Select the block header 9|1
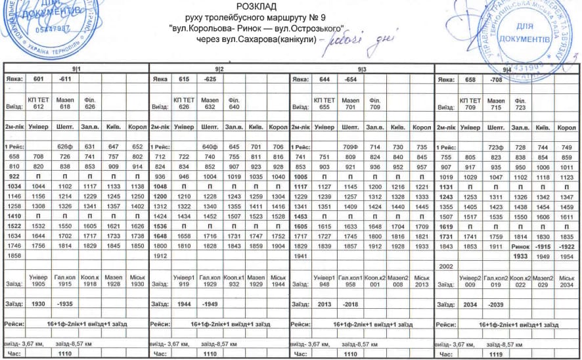76,68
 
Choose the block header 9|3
362,68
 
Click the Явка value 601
38,79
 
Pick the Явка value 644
323,79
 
